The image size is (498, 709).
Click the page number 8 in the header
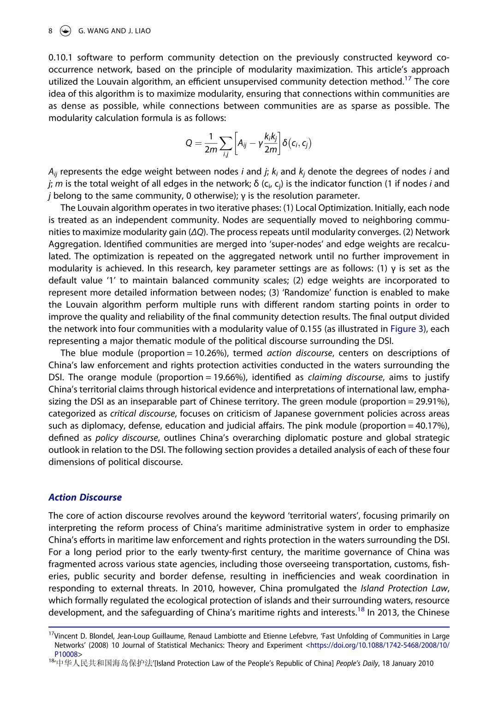(x=50, y=31)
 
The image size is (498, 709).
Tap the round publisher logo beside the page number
(x=66, y=31)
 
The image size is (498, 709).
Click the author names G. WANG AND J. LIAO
(x=114, y=31)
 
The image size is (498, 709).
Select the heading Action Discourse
(x=85, y=497)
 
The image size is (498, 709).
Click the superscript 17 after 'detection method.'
(x=408, y=79)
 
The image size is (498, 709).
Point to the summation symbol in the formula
(x=225, y=143)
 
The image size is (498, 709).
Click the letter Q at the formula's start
(x=189, y=143)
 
